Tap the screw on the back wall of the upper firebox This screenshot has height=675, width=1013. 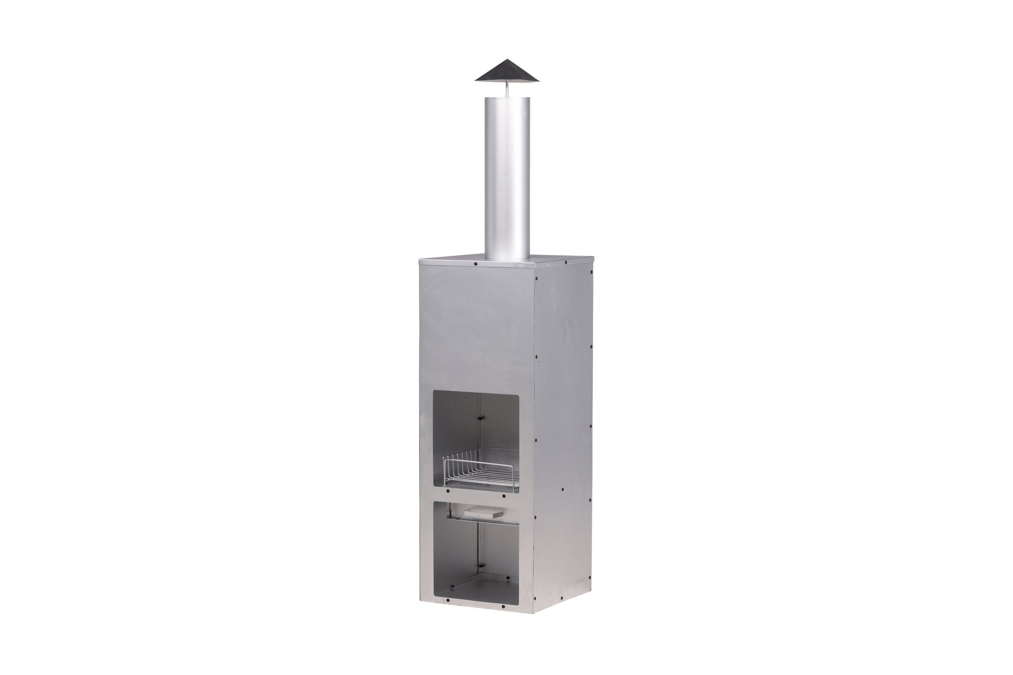[481, 418]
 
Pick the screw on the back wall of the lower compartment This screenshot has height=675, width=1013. [481, 566]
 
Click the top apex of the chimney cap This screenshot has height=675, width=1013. [507, 60]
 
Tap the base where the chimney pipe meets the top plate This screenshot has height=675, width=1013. [507, 257]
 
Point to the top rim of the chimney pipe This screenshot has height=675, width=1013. [507, 98]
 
